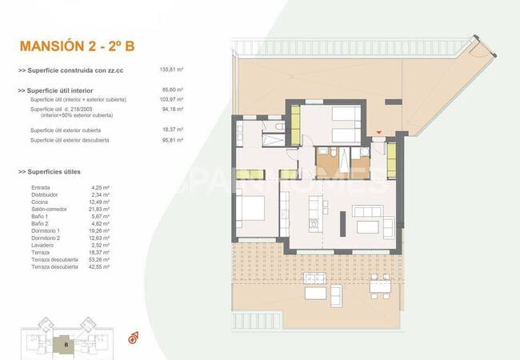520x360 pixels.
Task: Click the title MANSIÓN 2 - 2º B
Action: [x=77, y=46]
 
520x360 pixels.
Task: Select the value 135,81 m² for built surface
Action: [x=172, y=70]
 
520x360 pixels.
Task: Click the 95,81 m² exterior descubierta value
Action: [x=172, y=140]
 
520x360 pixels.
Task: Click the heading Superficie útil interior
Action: [x=63, y=90]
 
